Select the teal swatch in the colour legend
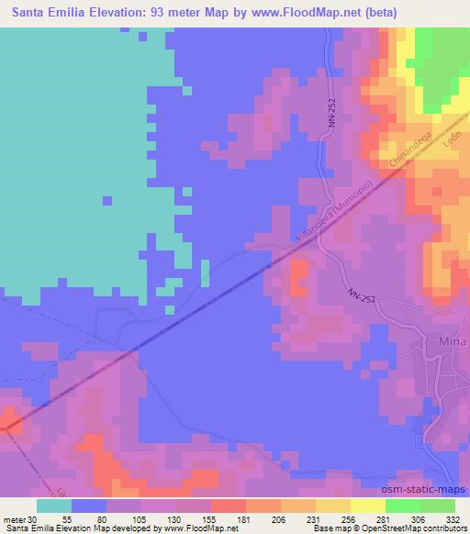tap(55, 506)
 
